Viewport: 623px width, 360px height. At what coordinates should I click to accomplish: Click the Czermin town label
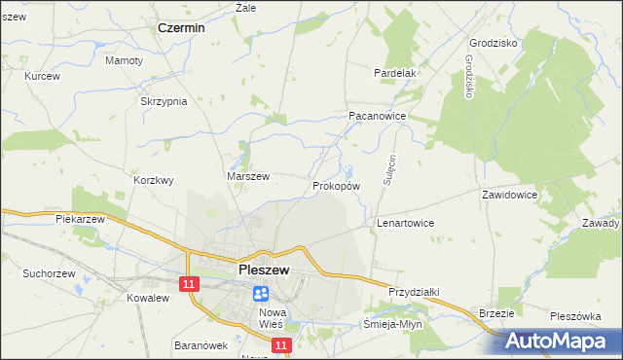point(181,28)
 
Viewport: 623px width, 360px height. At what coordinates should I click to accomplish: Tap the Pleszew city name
point(262,271)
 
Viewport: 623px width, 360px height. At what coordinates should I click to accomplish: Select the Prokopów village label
point(337,185)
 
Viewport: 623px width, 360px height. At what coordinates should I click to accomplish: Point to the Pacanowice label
point(377,115)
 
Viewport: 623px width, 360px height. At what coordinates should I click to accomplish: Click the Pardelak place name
point(395,72)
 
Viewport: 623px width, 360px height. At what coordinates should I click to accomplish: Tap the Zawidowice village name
point(509,195)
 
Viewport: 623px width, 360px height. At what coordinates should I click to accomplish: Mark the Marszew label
point(248,176)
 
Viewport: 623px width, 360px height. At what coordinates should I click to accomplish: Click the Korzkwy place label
point(154,180)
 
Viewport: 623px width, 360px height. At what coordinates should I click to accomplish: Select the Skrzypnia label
point(164,102)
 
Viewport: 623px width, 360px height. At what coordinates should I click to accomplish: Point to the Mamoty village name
point(124,60)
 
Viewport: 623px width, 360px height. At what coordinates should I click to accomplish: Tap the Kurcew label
point(43,76)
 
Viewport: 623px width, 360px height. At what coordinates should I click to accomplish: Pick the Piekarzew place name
point(80,220)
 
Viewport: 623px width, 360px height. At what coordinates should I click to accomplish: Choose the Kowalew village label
point(148,298)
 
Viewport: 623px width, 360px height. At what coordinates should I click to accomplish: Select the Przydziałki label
point(416,291)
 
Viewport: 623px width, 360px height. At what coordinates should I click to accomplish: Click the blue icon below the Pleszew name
point(261,292)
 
